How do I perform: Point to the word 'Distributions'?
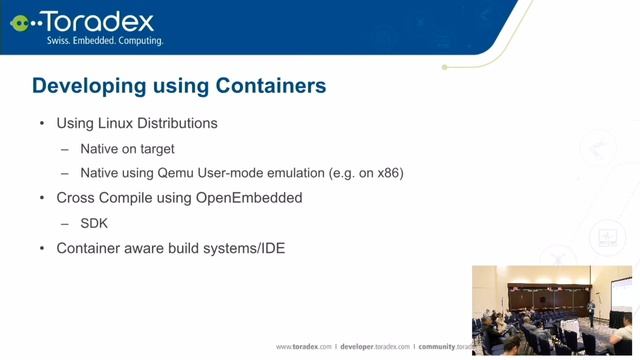coord(176,124)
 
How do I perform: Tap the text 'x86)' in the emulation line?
coord(388,173)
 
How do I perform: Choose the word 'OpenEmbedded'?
coord(253,198)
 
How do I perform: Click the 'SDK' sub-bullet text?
coord(94,222)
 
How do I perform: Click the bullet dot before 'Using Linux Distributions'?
coord(41,124)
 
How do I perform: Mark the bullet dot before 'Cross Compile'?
coord(41,198)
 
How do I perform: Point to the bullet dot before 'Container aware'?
coord(41,247)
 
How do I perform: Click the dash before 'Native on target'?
coord(65,149)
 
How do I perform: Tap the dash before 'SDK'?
coord(65,222)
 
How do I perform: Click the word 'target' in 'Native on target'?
coord(154,149)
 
